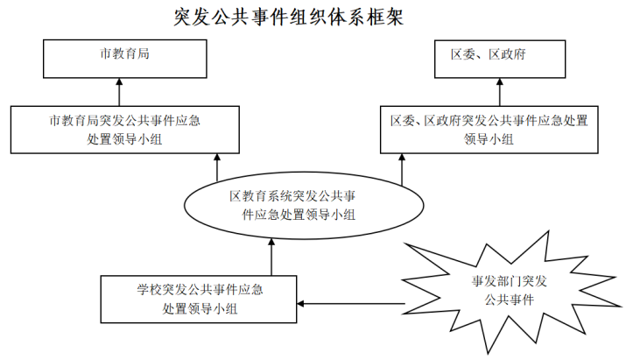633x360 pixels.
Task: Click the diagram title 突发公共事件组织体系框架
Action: click(x=289, y=18)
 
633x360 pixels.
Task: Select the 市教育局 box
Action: click(x=125, y=59)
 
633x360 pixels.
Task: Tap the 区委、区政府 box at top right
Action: click(x=500, y=59)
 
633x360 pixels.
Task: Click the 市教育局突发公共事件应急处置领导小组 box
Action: click(x=125, y=130)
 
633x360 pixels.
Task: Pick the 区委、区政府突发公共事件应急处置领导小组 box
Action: click(x=489, y=130)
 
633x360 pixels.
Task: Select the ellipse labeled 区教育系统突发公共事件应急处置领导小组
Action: click(x=304, y=205)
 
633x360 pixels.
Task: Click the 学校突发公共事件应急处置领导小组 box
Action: click(x=199, y=299)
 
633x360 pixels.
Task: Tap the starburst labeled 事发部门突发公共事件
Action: click(x=510, y=291)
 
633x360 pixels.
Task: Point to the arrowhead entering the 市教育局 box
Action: click(x=119, y=81)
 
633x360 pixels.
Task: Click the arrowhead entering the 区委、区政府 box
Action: click(x=500, y=81)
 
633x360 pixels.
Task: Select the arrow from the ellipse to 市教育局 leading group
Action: click(x=217, y=167)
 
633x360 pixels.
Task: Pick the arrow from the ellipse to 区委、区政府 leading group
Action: click(x=402, y=170)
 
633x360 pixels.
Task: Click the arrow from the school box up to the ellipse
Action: click(x=271, y=257)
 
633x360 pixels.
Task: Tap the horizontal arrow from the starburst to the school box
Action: click(x=351, y=303)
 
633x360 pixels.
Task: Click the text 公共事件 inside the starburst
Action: click(x=510, y=300)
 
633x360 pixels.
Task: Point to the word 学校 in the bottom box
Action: click(x=150, y=290)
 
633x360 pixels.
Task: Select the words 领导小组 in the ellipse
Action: click(x=330, y=215)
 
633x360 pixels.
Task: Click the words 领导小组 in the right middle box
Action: click(x=489, y=139)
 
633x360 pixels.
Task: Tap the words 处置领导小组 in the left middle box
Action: click(x=124, y=139)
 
